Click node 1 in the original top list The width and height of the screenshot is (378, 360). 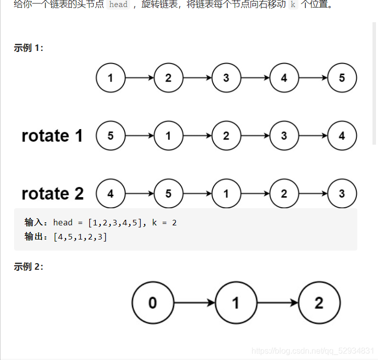tap(110, 78)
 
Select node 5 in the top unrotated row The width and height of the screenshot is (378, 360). tap(342, 78)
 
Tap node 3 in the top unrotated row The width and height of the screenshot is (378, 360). tap(226, 78)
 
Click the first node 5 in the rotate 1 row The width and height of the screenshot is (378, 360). tap(110, 136)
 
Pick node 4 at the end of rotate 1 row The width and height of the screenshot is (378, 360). tap(342, 136)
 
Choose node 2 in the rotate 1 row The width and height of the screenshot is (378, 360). tap(226, 136)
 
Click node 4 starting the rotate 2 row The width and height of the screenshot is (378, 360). tap(110, 194)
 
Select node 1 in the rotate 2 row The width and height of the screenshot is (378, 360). tap(226, 194)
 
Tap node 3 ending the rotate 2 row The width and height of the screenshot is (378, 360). tap(342, 194)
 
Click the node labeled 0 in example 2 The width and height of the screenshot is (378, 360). tap(153, 303)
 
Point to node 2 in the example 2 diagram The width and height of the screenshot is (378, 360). tap(319, 303)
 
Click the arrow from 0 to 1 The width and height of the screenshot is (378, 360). tap(194, 303)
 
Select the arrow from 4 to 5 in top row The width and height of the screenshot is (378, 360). tap(313, 78)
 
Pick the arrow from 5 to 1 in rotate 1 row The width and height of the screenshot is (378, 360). tap(139, 136)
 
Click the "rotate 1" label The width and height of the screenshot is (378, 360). tap(52, 136)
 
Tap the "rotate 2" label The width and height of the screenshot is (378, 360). tap(52, 194)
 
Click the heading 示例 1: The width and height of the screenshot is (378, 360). tap(29, 48)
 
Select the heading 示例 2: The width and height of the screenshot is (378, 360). tap(29, 267)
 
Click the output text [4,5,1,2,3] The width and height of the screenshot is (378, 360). tap(80, 236)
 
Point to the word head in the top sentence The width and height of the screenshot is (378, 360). tap(118, 5)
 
